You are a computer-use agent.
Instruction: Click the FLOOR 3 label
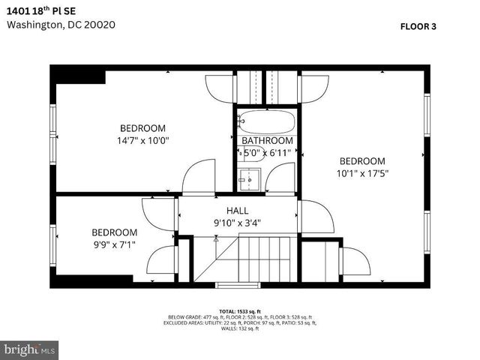tap(418, 25)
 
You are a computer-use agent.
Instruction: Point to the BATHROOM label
tap(267, 141)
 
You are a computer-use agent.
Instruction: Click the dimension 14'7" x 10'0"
tap(142, 139)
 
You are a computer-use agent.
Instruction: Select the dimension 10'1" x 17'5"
tap(362, 172)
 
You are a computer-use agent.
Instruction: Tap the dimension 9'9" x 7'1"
tap(114, 244)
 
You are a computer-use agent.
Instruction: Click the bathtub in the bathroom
tap(266, 122)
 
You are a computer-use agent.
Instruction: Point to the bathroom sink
tap(249, 178)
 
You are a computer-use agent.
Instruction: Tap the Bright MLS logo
tap(30, 349)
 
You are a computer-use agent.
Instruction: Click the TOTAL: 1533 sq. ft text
tap(239, 310)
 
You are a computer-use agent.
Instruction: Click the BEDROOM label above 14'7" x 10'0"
tap(142, 128)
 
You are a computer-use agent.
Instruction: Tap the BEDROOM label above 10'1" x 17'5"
tap(362, 161)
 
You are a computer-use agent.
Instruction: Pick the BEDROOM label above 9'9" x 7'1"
tap(114, 232)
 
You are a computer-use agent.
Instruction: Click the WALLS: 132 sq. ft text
tap(239, 328)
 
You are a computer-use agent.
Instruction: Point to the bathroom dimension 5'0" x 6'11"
tap(267, 153)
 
